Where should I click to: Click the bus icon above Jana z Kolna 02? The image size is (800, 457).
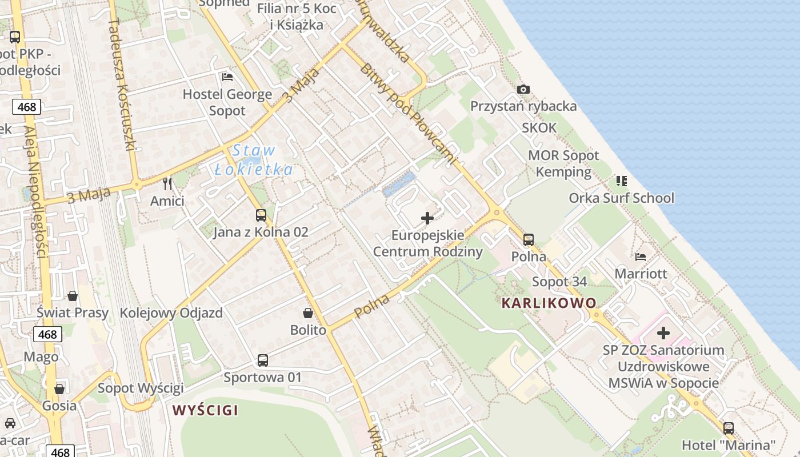[261, 215]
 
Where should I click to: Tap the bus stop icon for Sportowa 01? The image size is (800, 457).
[262, 360]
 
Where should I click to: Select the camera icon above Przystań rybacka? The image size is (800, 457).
[523, 89]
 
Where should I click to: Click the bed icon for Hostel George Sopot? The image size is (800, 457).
[227, 77]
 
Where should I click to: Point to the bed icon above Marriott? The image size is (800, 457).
[641, 257]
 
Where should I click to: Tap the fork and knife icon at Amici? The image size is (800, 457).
[167, 184]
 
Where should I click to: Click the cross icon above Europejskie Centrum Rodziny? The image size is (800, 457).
[427, 218]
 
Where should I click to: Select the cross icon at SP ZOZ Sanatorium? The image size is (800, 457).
[663, 332]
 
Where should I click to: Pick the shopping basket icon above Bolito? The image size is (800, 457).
[308, 313]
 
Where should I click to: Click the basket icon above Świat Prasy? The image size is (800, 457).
[73, 296]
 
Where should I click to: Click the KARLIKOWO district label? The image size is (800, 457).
[549, 303]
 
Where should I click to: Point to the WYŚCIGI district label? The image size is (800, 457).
[205, 410]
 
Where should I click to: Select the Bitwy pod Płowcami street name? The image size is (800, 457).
[408, 114]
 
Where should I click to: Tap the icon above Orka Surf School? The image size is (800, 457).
[621, 181]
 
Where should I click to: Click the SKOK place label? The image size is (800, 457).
[539, 128]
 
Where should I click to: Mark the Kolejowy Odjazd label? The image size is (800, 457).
[171, 313]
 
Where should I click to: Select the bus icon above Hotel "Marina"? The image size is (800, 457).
[729, 428]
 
